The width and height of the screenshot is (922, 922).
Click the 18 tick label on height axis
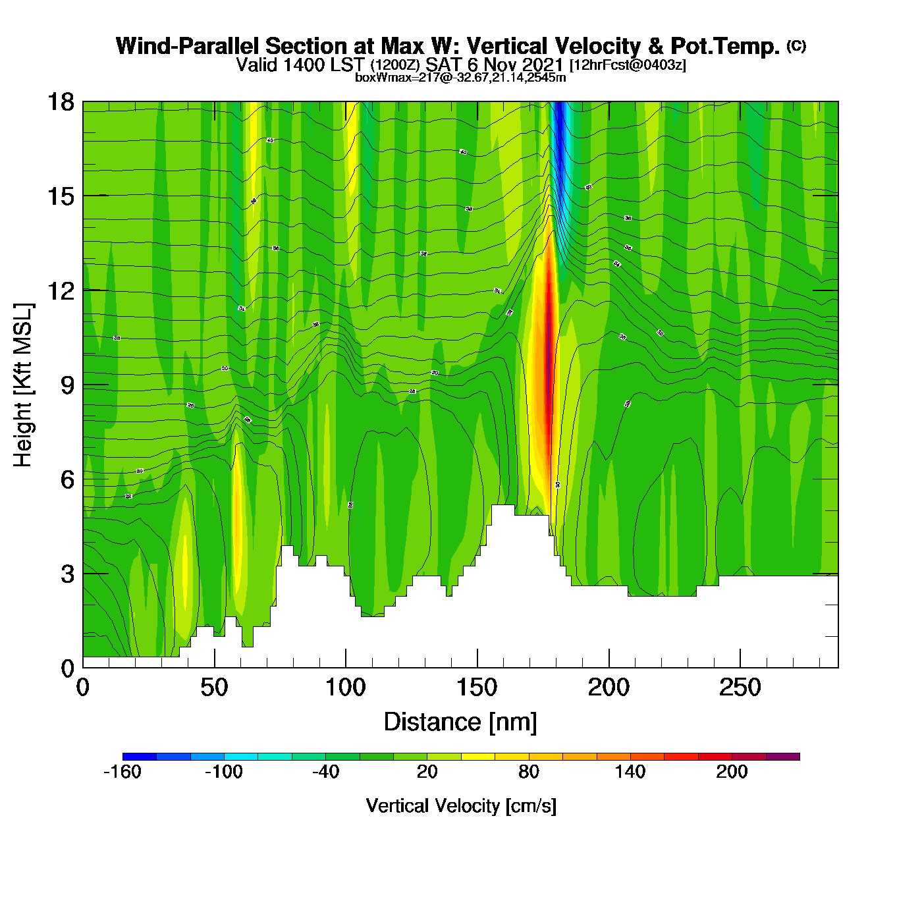coord(60,102)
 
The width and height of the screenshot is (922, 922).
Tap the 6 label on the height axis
coord(67,479)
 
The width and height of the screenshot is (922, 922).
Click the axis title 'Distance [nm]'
coord(460,722)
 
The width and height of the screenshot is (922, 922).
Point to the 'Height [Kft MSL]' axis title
coord(23,385)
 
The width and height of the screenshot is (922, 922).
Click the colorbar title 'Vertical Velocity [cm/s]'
coord(461,806)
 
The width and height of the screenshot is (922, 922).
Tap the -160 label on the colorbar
coord(122,772)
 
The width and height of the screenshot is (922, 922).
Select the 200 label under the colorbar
coord(732,772)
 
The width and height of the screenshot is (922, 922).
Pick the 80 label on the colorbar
coord(529,772)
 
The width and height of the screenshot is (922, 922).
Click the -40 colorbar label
coord(325,772)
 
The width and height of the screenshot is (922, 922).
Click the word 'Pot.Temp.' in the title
coord(725,46)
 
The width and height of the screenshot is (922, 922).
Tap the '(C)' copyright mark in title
coord(796,45)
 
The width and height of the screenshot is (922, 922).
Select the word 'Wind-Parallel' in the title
coord(188,46)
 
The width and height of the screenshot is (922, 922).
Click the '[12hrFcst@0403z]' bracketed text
coord(628,65)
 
